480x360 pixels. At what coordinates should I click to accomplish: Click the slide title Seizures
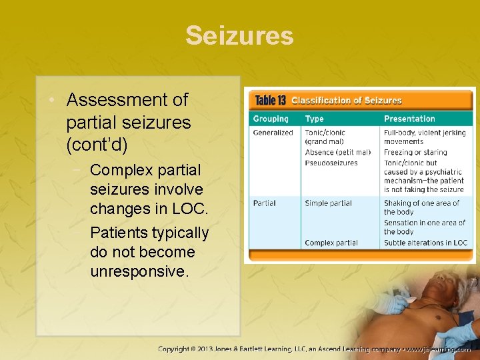pos(239,35)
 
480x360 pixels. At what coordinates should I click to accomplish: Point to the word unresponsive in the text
pos(139,271)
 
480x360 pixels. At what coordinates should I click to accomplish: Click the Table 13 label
pos(271,101)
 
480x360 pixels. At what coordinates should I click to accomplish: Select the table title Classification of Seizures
pos(346,101)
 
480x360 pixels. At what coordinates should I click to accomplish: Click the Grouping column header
pos(271,119)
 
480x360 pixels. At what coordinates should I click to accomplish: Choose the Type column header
pos(314,119)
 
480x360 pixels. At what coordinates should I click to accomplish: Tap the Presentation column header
pos(409,119)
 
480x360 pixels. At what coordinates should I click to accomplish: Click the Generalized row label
pos(273,133)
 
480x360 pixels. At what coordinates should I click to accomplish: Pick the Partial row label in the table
pos(264,203)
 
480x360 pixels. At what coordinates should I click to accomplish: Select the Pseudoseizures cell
pos(331,163)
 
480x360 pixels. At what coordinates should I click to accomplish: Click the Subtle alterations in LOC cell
pos(425,243)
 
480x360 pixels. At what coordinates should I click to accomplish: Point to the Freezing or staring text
pos(415,153)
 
